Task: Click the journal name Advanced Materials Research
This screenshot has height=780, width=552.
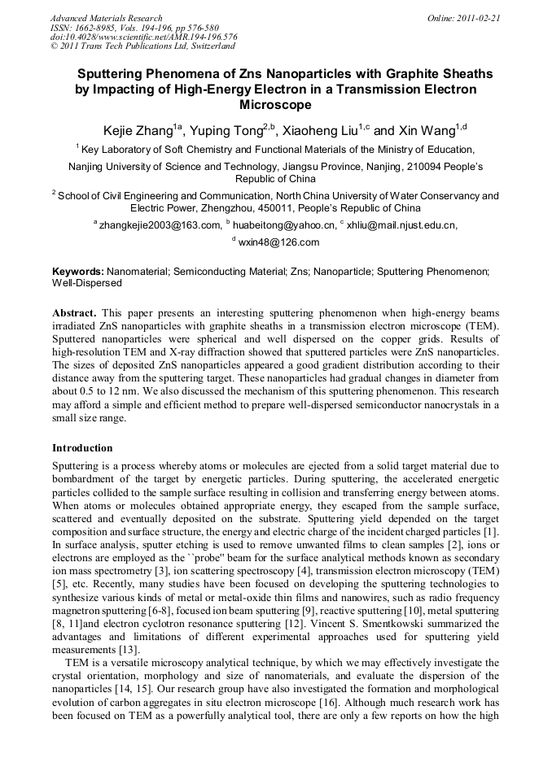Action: click(106, 18)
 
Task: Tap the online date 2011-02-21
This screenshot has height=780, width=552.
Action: click(477, 18)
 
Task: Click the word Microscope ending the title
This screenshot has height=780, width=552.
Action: click(275, 105)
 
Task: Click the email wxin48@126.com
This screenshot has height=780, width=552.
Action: click(278, 242)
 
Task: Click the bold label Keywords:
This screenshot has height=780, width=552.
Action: click(78, 271)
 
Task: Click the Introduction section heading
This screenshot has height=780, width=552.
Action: click(82, 448)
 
